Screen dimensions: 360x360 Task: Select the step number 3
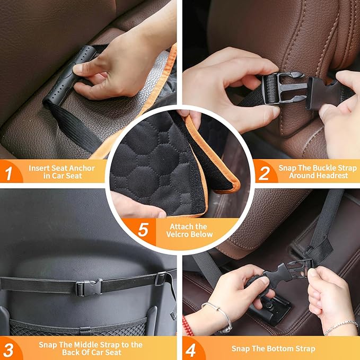click(x=9, y=349)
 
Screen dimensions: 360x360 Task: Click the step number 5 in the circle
click(x=142, y=230)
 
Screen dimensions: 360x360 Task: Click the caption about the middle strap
click(x=90, y=348)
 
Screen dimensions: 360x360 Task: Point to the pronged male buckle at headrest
click(x=284, y=87)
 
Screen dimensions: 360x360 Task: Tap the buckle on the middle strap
click(x=88, y=287)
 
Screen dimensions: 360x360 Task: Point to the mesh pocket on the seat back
click(x=80, y=326)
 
